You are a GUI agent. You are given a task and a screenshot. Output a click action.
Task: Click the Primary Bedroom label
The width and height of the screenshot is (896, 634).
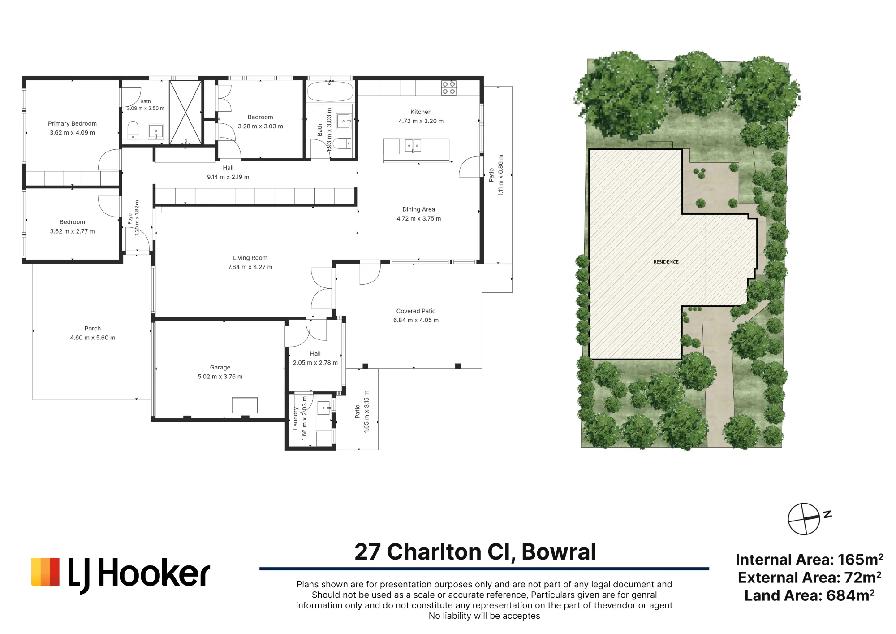click(72, 123)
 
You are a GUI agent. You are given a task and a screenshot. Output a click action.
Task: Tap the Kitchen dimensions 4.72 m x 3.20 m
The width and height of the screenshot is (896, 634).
click(421, 121)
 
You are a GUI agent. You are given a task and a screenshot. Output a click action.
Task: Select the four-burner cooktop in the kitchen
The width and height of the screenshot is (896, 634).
click(449, 88)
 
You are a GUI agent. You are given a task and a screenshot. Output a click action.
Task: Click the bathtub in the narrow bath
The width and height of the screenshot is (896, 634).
click(330, 91)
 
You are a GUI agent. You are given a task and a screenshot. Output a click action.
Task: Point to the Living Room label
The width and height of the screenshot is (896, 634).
click(250, 258)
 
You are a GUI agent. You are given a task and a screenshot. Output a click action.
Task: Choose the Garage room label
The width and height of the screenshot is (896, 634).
click(220, 367)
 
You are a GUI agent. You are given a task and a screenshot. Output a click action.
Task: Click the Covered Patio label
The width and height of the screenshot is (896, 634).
click(416, 311)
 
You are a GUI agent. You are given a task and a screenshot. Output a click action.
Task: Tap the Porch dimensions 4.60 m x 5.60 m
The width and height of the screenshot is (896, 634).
click(93, 338)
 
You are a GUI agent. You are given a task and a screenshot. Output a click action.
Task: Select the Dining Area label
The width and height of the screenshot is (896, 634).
click(418, 209)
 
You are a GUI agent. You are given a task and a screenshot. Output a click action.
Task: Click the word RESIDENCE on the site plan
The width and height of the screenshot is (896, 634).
click(666, 262)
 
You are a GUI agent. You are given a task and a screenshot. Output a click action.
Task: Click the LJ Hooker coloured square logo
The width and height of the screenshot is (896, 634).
click(45, 572)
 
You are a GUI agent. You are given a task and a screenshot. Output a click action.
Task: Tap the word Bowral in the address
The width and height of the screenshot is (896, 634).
click(559, 552)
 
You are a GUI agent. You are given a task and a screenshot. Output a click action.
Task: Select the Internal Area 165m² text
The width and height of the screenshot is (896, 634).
click(810, 560)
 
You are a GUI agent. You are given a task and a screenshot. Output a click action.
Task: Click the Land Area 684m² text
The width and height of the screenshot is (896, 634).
click(810, 595)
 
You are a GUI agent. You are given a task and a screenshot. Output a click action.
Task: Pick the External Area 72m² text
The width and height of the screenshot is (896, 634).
click(810, 578)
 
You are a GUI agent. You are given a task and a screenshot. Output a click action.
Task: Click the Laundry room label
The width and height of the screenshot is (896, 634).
click(295, 418)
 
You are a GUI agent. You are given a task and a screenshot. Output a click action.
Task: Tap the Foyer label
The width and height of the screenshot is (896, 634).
click(130, 218)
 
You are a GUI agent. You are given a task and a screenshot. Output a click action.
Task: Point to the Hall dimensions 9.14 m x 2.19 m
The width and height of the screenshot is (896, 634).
click(228, 177)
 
